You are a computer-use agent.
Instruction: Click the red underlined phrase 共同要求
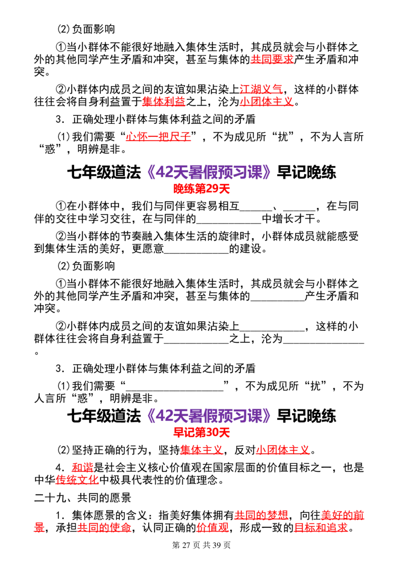(x=272, y=59)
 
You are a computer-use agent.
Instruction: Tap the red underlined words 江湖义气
(x=261, y=89)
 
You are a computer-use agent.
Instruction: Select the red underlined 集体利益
(x=164, y=101)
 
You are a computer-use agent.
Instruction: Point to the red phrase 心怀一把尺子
(x=158, y=136)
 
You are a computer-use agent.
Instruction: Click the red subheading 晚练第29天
(x=201, y=189)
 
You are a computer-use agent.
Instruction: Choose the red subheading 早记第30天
(x=201, y=433)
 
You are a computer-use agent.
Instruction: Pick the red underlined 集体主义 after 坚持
(x=201, y=450)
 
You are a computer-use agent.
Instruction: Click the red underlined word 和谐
(x=83, y=467)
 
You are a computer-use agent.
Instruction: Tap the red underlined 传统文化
(x=77, y=480)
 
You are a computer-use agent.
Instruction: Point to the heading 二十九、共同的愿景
(x=83, y=497)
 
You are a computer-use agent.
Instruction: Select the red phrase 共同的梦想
(x=261, y=515)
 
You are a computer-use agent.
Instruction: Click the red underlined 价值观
(x=213, y=528)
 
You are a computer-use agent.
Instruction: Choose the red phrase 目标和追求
(x=321, y=528)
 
